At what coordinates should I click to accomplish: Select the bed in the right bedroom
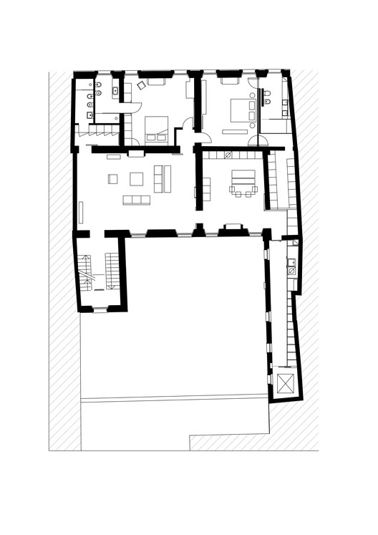(x=239, y=112)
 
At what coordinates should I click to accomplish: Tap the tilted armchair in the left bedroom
(x=141, y=85)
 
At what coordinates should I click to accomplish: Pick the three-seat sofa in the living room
(x=136, y=200)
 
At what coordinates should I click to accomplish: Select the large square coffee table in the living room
(x=137, y=178)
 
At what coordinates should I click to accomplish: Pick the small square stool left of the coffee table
(x=112, y=178)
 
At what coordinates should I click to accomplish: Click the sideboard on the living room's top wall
(x=135, y=153)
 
